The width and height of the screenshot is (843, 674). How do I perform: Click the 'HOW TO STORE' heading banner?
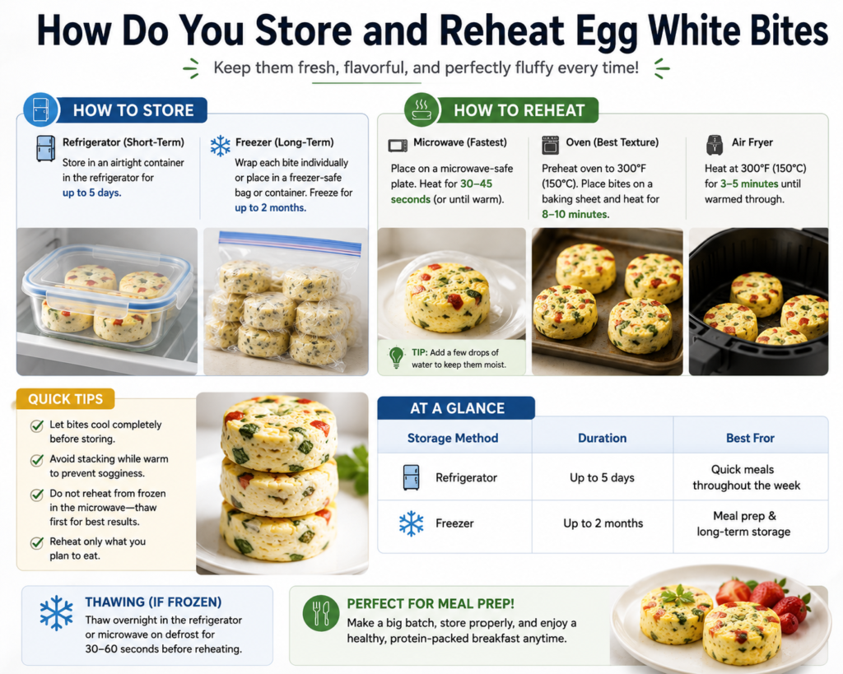[x=133, y=110]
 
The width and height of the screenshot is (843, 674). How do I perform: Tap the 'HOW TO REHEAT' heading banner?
[x=519, y=110]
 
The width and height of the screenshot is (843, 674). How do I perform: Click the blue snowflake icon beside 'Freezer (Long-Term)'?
[x=221, y=146]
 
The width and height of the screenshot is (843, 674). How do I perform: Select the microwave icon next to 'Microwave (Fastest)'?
[x=398, y=145]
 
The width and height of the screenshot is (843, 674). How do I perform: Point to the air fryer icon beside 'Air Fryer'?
[x=715, y=145]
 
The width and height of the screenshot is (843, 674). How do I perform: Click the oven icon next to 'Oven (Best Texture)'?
[x=550, y=145]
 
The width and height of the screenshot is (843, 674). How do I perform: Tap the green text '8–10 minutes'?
[x=575, y=214]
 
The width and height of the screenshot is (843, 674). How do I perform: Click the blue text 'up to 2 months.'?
[x=270, y=207]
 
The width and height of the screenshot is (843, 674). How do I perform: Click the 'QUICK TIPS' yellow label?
[x=66, y=399]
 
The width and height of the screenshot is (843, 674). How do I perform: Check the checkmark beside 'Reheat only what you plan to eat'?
[x=36, y=543]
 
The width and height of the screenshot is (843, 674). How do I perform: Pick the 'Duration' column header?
[x=602, y=438]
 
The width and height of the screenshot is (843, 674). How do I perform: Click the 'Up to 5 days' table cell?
[x=602, y=478]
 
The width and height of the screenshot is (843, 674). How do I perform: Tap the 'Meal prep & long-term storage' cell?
[x=744, y=523]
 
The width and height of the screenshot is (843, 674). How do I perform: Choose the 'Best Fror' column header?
[x=750, y=438]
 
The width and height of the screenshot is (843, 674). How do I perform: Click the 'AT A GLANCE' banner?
[x=456, y=408]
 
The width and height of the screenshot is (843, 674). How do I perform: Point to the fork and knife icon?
[x=321, y=613]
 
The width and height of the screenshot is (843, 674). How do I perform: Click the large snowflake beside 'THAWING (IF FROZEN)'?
[x=57, y=613]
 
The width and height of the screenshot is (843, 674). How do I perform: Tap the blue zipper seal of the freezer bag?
[x=290, y=244]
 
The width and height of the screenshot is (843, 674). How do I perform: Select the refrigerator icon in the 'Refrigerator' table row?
[x=412, y=477]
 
